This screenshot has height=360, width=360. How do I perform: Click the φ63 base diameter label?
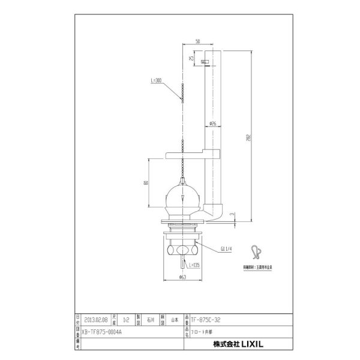[181, 277]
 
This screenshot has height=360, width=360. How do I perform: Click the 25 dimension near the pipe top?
[191, 59]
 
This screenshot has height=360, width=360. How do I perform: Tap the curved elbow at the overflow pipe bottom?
[217, 211]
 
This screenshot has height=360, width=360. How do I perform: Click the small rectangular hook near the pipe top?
[205, 62]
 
